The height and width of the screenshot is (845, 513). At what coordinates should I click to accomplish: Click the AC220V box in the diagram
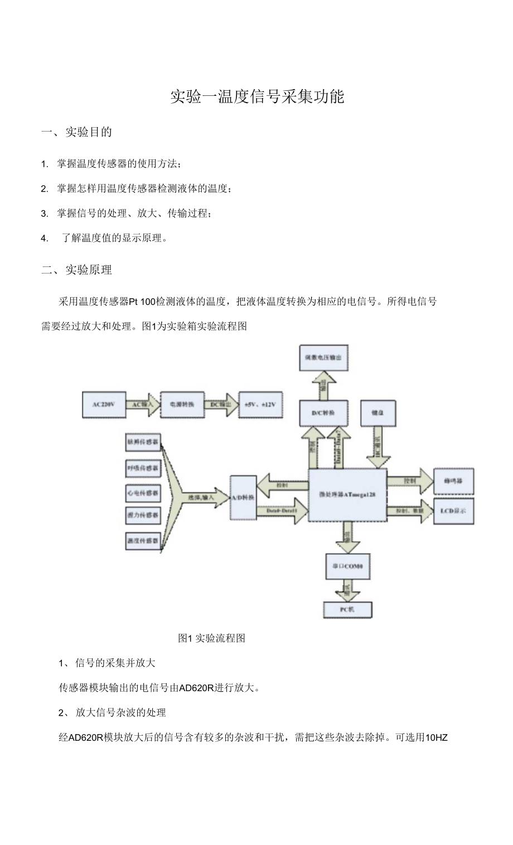(104, 405)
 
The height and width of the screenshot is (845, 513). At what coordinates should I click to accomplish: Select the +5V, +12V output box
(260, 405)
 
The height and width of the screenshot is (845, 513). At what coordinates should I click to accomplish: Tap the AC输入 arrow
(143, 405)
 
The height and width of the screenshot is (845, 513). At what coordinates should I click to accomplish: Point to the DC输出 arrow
(221, 405)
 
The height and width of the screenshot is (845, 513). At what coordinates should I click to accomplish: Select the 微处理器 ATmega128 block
(347, 494)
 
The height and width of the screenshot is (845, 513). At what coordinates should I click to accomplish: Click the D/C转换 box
(323, 413)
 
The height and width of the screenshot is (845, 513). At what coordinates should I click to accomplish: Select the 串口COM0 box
(347, 567)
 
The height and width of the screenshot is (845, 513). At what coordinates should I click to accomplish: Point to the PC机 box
(347, 609)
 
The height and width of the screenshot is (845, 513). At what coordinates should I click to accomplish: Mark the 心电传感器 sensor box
(143, 493)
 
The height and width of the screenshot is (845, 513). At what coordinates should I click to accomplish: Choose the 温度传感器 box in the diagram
(143, 540)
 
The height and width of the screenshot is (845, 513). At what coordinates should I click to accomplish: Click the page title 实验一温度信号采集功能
(257, 96)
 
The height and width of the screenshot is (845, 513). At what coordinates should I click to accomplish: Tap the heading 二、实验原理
(77, 270)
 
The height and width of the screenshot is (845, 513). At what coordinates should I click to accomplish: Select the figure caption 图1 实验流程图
(212, 638)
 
